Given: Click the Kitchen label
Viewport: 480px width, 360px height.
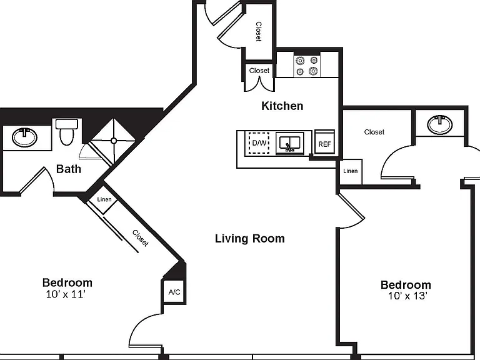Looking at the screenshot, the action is coord(282,106).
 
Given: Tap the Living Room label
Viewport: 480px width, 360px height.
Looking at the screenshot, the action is coord(250,239).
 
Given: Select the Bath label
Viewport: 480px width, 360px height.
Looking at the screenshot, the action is coord(69,169).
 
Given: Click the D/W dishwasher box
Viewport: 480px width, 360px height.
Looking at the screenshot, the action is coord(259,142).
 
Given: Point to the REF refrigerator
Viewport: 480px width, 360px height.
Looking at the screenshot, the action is coord(324,143).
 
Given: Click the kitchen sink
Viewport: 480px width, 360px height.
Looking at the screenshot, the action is coord(289,143).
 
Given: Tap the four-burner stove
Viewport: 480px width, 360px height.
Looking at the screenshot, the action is coord(307,66).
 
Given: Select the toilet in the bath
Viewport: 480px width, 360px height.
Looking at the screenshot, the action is coord(67,132).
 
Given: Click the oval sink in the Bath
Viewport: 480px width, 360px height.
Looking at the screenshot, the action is coord(24,137).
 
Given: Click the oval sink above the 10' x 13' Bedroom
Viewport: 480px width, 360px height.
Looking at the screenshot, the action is coord(439,124).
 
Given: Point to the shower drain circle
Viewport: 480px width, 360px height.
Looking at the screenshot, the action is coord(114,141).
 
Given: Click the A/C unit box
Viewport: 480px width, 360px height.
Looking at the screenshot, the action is coord(174,292).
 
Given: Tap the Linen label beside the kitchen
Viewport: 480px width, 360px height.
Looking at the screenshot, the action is coord(350,171).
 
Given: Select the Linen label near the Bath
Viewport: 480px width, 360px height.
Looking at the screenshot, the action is coord(104,199).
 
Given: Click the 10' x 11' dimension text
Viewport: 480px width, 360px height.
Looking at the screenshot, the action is coord(66,294).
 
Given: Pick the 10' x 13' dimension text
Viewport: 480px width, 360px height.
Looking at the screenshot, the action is coord(407,296).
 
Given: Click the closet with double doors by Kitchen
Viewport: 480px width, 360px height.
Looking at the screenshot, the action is coord(259,76).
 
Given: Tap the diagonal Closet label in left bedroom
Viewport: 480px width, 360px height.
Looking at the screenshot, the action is coord(141,238).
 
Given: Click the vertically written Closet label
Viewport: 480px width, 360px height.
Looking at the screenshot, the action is coord(259,31).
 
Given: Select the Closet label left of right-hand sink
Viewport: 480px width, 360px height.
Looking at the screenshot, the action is coord(374,132).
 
